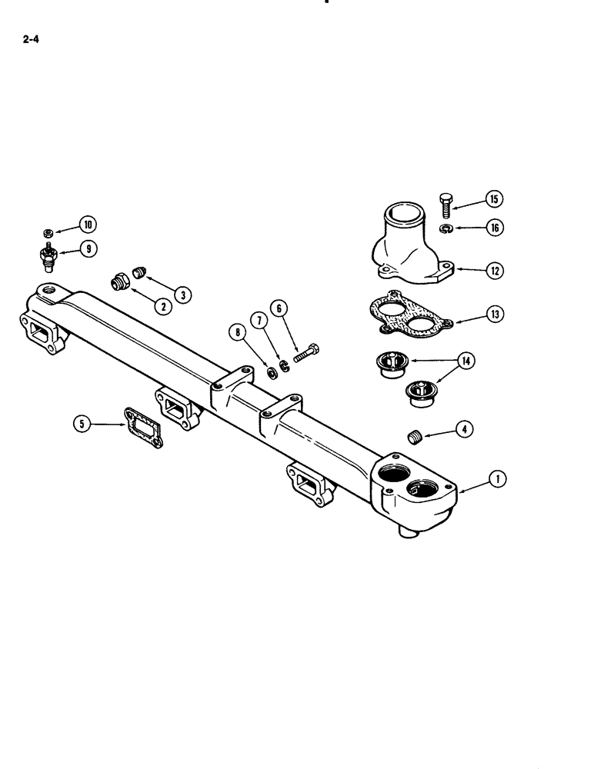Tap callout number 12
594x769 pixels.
[495, 270]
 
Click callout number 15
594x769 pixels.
[495, 200]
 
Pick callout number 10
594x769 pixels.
[87, 225]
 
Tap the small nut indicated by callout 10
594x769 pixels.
[48, 231]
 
